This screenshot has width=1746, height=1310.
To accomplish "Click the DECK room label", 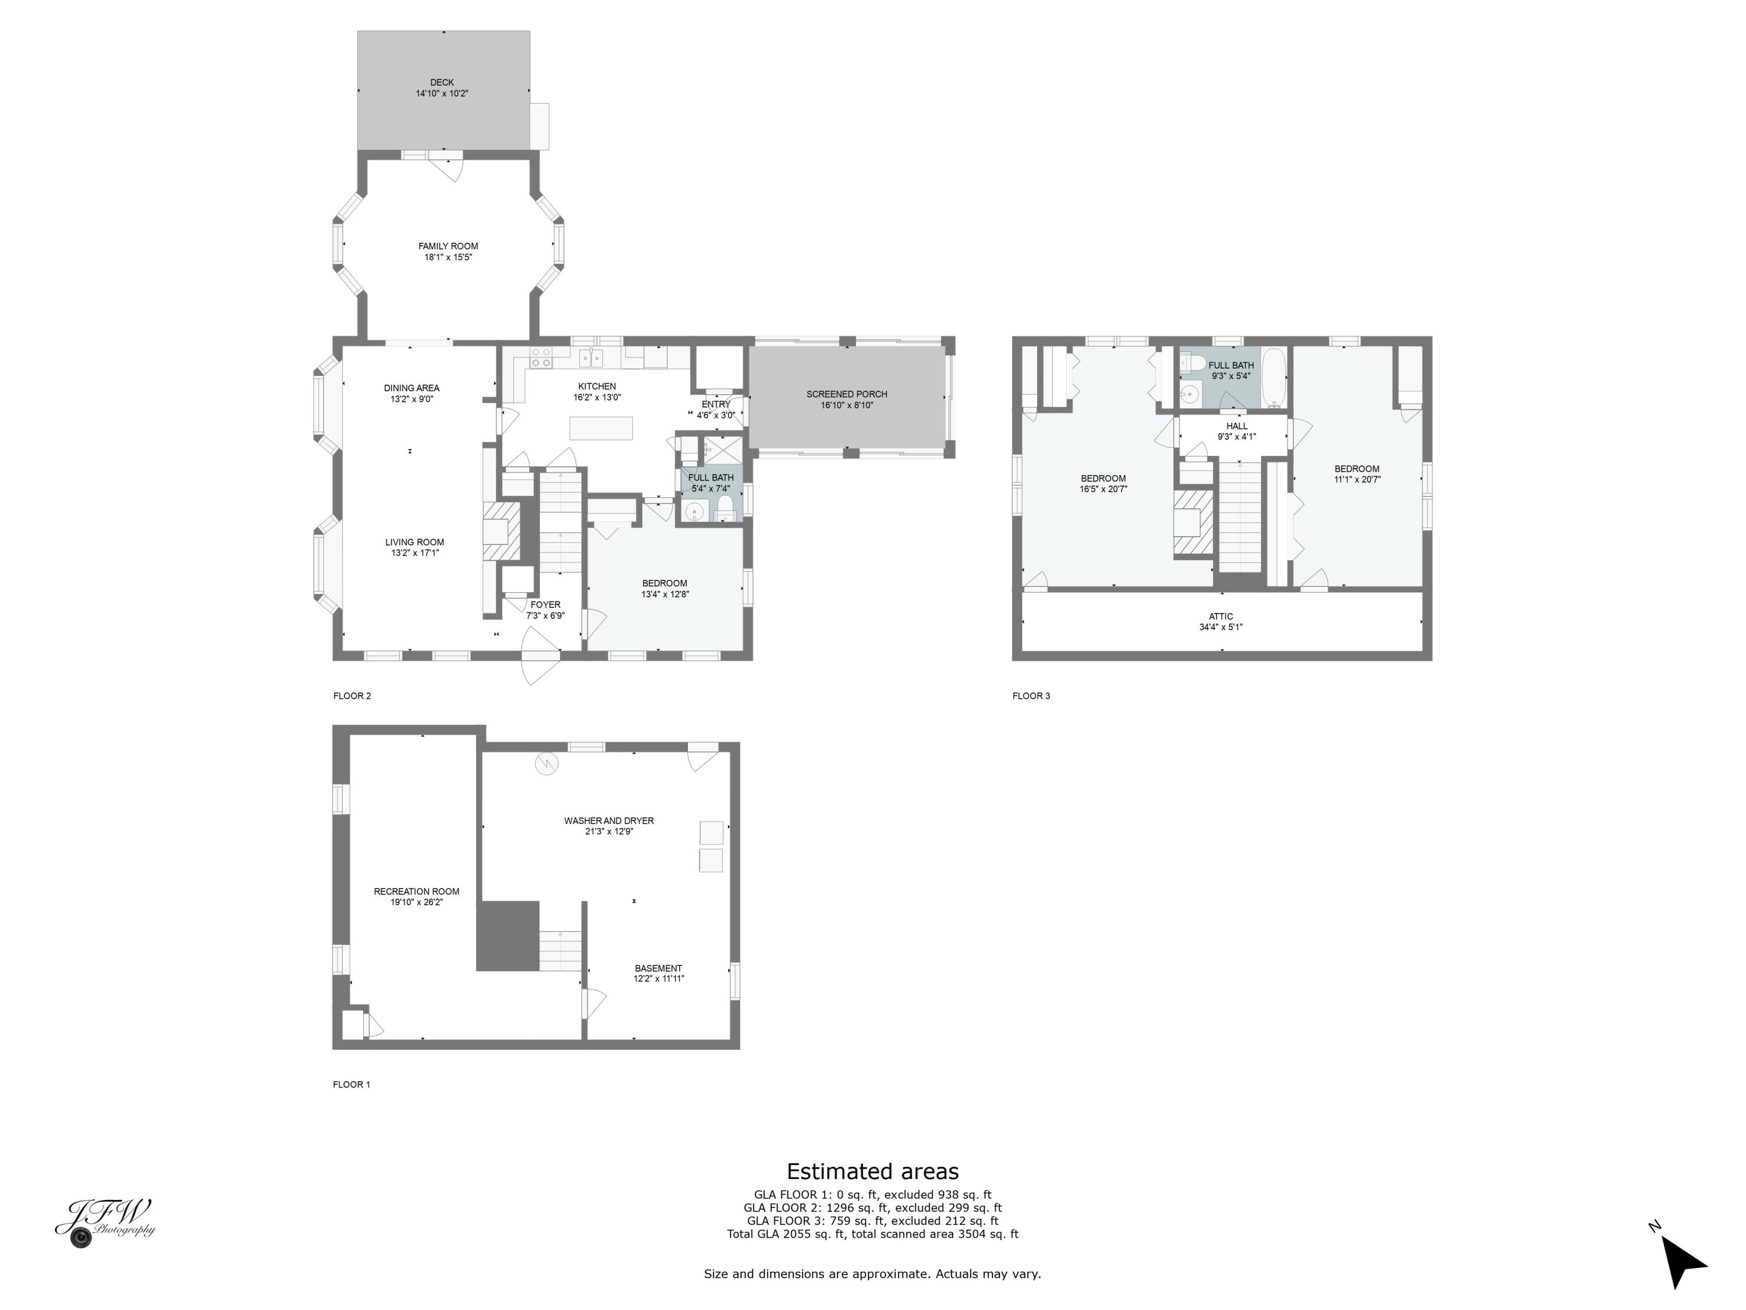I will click(x=442, y=82).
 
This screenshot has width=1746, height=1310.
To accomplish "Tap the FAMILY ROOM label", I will click(x=448, y=246).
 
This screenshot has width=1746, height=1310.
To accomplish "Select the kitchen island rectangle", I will click(x=601, y=428).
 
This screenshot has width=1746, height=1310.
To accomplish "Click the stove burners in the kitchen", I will click(x=541, y=357).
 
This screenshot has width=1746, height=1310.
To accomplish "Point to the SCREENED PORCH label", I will click(x=846, y=394).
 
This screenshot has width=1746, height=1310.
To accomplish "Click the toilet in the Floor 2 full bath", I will click(x=725, y=507).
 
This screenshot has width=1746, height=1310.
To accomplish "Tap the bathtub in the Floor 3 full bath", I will click(x=1274, y=377).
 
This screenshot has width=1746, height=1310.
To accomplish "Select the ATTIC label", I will click(x=1220, y=617).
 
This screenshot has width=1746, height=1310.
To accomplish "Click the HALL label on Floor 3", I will click(x=1237, y=426).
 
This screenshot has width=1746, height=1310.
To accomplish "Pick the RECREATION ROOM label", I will click(x=416, y=891).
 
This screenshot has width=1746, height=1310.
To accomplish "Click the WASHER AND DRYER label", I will click(x=609, y=821).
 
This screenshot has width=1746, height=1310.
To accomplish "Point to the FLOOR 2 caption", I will click(x=352, y=696).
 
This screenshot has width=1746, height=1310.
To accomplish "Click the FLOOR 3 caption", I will click(x=1031, y=696).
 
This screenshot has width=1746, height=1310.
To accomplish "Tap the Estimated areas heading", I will click(x=872, y=1171).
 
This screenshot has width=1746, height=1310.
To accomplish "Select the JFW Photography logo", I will click(x=105, y=1222).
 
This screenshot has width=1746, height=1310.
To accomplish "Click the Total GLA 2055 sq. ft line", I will click(x=872, y=1234).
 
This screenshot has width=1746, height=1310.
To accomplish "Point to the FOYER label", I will click(x=545, y=605).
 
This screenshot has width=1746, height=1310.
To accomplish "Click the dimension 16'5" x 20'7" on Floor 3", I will click(x=1103, y=489).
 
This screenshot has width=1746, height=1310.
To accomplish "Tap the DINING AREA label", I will click(x=411, y=388).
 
